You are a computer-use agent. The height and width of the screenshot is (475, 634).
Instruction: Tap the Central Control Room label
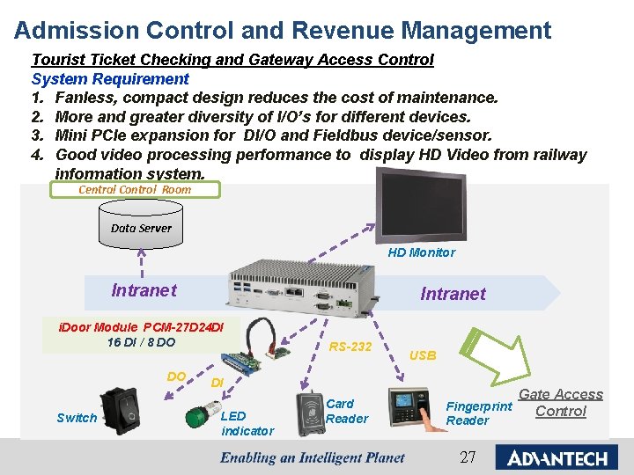135,189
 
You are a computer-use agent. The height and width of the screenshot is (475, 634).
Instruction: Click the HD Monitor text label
422,252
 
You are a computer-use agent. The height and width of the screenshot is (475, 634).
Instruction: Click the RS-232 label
350,347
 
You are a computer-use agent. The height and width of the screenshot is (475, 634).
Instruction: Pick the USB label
423,355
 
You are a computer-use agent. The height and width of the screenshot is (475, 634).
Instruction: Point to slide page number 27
468,457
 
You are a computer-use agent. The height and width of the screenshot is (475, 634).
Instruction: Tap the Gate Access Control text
561,403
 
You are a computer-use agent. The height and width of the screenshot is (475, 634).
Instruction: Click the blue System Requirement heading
110,78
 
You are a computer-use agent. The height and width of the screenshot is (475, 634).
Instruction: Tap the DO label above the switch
176,376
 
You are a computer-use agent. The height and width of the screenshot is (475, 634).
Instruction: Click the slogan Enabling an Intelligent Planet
313,457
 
